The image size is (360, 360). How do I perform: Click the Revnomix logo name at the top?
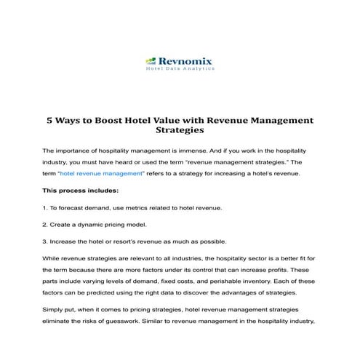(x=185, y=62)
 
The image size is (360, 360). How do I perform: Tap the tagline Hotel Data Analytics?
(x=178, y=71)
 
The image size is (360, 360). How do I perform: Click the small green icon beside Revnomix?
(x=151, y=62)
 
